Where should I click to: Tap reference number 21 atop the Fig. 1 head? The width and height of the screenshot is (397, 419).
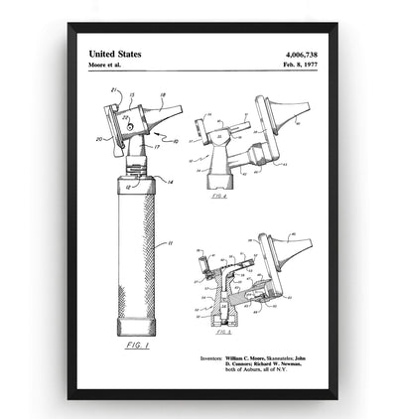[x=114, y=91]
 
